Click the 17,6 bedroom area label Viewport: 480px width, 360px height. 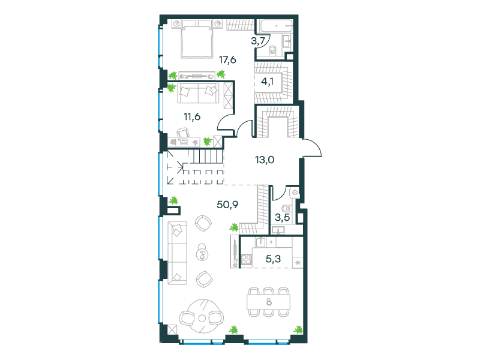coord(227,59)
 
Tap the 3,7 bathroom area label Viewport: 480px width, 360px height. coord(258,41)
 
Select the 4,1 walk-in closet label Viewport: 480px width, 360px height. coord(267,82)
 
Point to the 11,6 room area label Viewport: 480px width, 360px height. coord(192,116)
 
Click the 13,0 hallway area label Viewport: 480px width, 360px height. coord(265,160)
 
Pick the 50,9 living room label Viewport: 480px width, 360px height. coord(227,205)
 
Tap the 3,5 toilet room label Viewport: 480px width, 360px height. coord(282,218)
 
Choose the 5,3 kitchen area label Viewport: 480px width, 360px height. coord(273,259)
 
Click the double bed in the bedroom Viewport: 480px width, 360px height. coord(197,39)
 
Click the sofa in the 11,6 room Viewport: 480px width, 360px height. coord(199,93)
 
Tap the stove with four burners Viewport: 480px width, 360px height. coord(246,260)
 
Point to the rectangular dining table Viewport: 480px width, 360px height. coord(268,302)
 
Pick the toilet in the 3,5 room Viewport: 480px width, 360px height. coord(286,209)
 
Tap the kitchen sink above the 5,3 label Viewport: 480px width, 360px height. coord(260,242)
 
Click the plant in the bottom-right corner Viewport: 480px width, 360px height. coord(298,329)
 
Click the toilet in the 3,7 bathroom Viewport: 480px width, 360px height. coord(272,50)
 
